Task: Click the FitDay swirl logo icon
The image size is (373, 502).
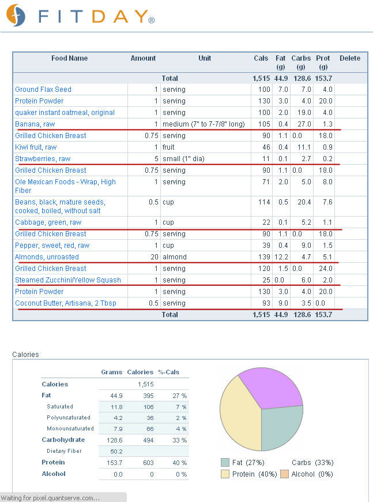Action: coord(16,15)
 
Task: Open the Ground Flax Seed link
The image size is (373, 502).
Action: coord(43,90)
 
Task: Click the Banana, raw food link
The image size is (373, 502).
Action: coord(35,124)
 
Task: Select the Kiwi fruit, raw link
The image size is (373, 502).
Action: coord(36,147)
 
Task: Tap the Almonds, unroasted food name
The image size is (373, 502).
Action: coord(47,256)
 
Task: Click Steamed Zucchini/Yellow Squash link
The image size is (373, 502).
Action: coord(68,280)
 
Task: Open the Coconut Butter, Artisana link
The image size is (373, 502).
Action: coord(66,303)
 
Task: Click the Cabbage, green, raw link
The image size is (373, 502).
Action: coord(48,222)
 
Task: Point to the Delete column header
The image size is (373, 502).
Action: coord(350,58)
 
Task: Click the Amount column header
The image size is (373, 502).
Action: coord(143,58)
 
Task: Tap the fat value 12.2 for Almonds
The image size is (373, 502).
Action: coord(281,256)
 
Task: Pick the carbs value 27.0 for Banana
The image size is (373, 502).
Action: coord(304,124)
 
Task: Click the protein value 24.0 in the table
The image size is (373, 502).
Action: coord(326,268)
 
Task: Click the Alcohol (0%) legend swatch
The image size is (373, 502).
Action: coord(284,474)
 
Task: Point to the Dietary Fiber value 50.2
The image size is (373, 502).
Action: coord(116,451)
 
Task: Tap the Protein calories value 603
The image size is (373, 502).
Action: coord(148,463)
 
